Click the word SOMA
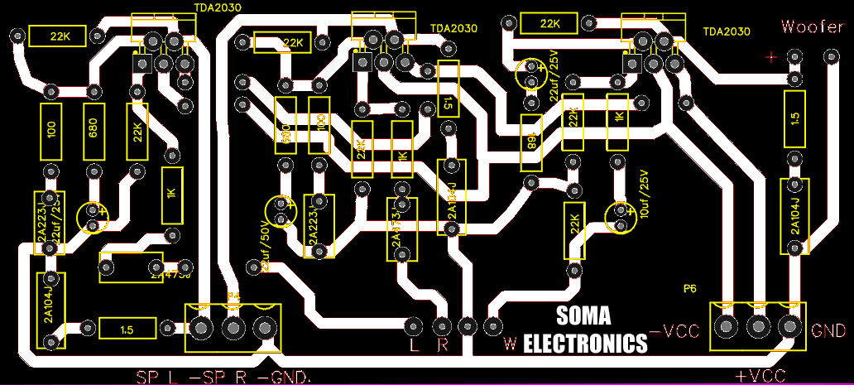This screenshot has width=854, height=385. pyautogui.click(x=584, y=315)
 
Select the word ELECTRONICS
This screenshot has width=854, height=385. pyautogui.click(x=586, y=343)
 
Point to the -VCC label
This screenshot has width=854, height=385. pyautogui.click(x=675, y=331)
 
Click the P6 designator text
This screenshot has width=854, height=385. pyautogui.click(x=689, y=289)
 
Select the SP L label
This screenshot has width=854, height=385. pyautogui.click(x=157, y=378)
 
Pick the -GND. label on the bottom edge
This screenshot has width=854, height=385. pyautogui.click(x=285, y=378)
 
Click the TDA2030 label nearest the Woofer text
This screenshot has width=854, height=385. pyautogui.click(x=726, y=32)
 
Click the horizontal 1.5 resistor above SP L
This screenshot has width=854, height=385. pyautogui.click(x=126, y=330)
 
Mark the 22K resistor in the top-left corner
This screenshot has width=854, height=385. pyautogui.click(x=59, y=36)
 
